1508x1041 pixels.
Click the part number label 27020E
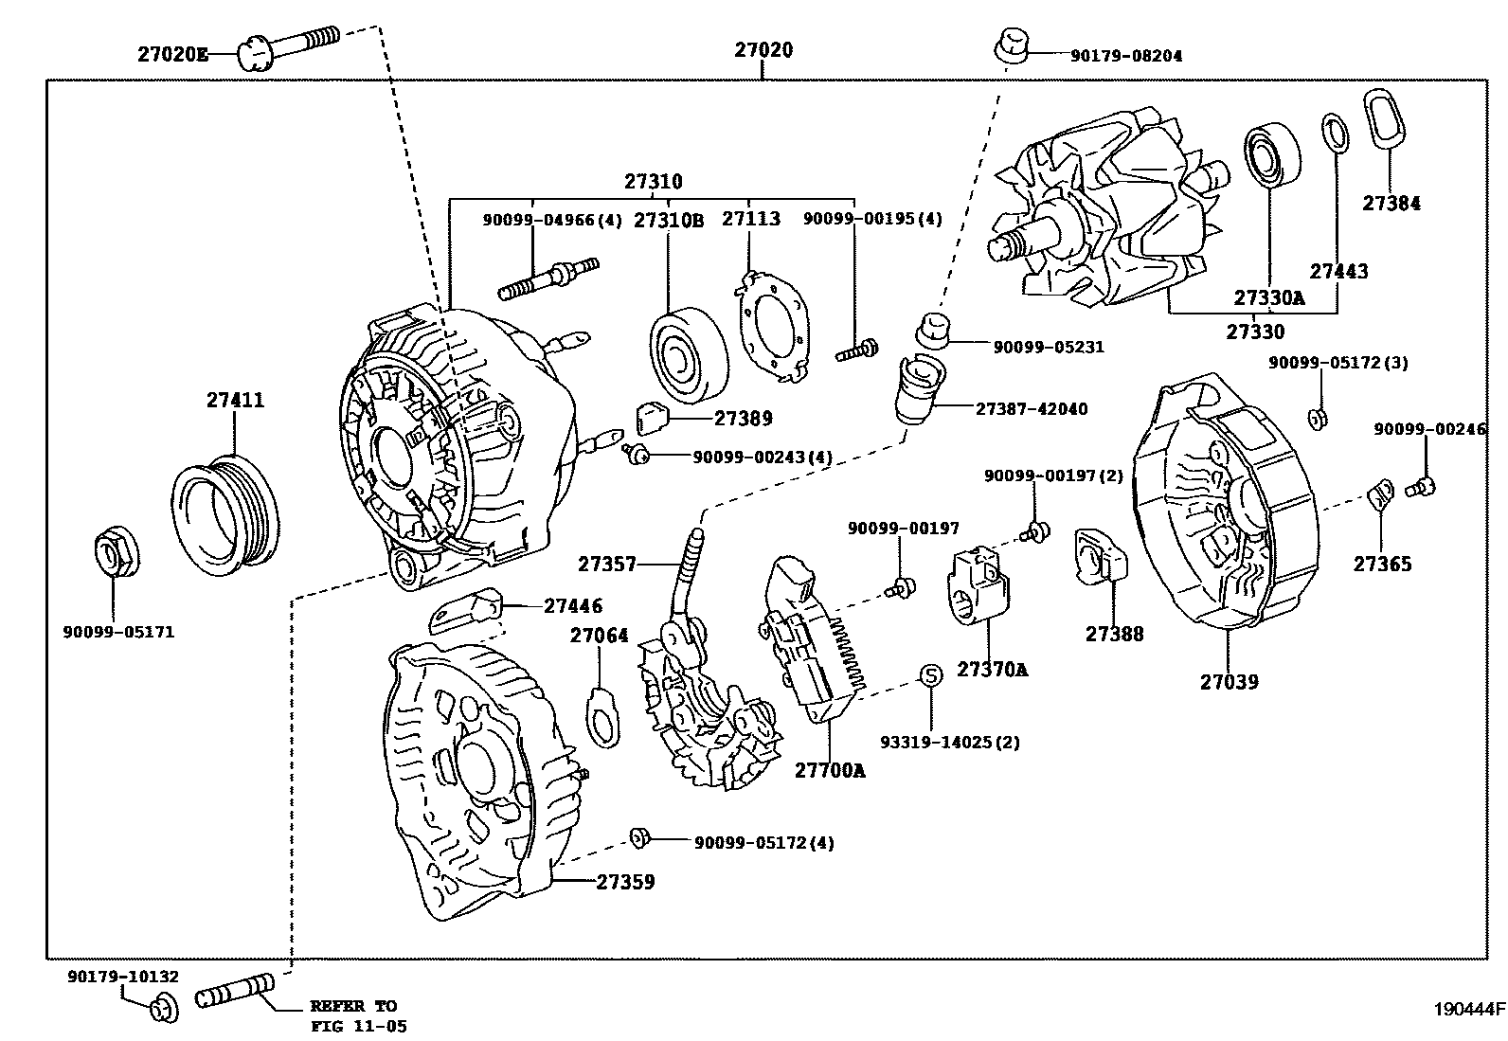pyautogui.click(x=173, y=54)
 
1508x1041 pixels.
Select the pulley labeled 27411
pyautogui.click(x=224, y=515)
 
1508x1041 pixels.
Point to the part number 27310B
pyautogui.click(x=669, y=220)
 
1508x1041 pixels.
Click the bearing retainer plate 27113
pyautogui.click(x=771, y=326)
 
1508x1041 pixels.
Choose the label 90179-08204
pyautogui.click(x=1126, y=56)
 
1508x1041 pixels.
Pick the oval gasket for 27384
pyautogui.click(x=1384, y=117)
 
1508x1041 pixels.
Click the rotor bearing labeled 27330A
pyautogui.click(x=1272, y=154)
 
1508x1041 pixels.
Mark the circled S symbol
pyautogui.click(x=930, y=674)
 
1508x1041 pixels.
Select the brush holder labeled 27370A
pyautogui.click(x=978, y=585)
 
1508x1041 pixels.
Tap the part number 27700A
pyautogui.click(x=830, y=770)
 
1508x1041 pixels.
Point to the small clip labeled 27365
pyautogui.click(x=1381, y=496)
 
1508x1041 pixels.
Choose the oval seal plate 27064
pyautogui.click(x=604, y=717)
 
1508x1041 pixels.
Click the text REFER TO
pyautogui.click(x=353, y=1006)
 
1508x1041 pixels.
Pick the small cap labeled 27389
pyautogui.click(x=651, y=418)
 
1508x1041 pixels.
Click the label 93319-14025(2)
pyautogui.click(x=950, y=742)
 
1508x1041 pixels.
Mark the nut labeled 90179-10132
pyautogui.click(x=163, y=1010)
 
